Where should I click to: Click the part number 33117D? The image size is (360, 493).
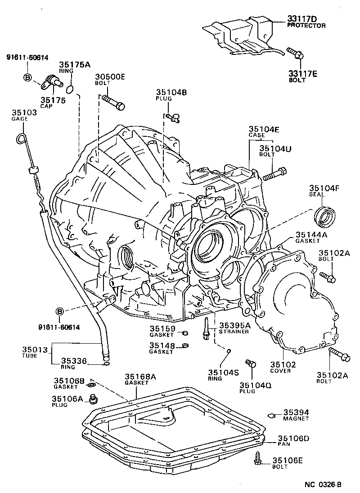pos(302,19)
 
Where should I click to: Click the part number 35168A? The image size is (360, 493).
pos(140,377)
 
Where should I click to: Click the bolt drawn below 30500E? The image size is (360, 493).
pos(113,101)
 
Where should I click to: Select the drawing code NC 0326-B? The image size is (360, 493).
pos(323,484)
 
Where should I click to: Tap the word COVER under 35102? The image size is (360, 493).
pos(280,371)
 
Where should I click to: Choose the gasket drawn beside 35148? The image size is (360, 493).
pos(185,346)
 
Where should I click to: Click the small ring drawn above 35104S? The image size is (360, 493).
pos(229,351)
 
